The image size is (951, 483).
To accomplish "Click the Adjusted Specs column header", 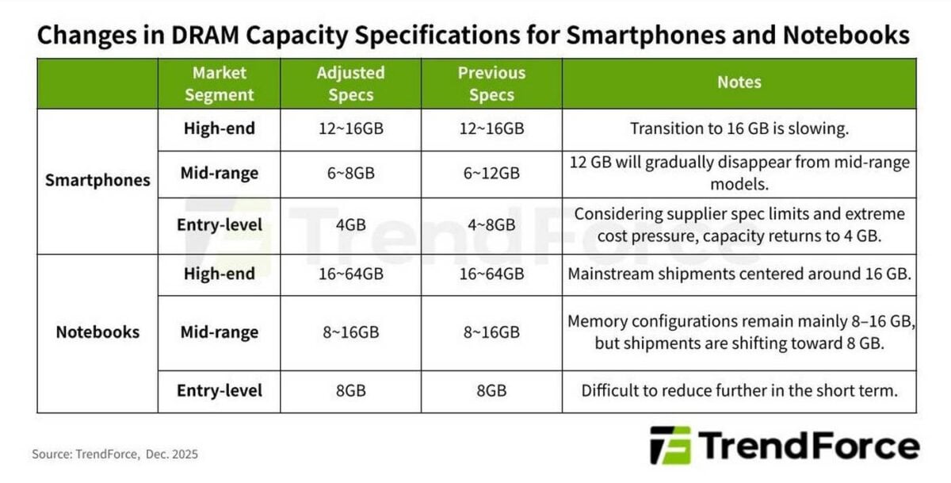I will coord(350,84).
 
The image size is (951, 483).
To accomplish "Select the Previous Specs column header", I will coord(491,84).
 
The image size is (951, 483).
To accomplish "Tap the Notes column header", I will coord(739,82).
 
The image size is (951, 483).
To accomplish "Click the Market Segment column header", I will coord(219,84).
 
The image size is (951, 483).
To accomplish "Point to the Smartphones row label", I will coord(97,180).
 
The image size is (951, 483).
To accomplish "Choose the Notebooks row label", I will coord(97,332).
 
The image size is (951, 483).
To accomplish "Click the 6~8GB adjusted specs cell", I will coord(350,174).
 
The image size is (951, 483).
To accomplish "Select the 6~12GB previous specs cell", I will coord(491,174).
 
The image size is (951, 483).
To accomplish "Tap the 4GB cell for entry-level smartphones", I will coord(350,224).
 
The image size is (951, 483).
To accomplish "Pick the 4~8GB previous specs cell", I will coord(491,224).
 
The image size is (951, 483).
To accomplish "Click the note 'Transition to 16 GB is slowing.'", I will coord(739,128).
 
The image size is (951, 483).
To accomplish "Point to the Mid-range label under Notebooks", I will coord(219,332).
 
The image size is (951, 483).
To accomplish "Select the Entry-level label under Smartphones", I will coord(219,224).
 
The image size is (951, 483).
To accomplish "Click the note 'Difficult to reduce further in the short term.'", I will coord(739,390).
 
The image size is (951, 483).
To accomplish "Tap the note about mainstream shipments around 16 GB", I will coord(739,274).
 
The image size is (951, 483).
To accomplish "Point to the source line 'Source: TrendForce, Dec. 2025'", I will coord(115,454).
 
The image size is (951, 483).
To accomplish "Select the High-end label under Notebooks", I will coord(219,274).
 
